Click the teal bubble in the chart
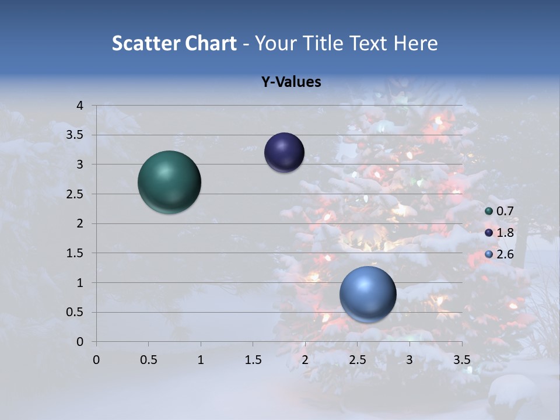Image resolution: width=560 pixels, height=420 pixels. pos(169,181)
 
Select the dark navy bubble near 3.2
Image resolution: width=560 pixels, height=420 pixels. pos(284,152)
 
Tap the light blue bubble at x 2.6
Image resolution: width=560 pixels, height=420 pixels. pos(367,294)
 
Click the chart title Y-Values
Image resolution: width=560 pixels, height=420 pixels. pos(290,82)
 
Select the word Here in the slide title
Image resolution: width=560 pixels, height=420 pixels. pos(415,43)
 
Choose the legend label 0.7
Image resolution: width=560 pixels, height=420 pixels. pos(505,211)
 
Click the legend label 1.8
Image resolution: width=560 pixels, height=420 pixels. pos(505,233)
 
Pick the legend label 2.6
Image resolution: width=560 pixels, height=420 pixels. pos(505,254)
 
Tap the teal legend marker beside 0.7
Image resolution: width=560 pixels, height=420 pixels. pos(489,211)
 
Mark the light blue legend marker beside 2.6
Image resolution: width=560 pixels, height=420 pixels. pos(489,254)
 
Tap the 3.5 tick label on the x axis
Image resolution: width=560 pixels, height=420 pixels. pos(461,360)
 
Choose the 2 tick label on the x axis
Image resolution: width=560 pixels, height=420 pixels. pos(305,360)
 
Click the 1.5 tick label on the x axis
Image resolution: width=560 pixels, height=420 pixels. pos(253,360)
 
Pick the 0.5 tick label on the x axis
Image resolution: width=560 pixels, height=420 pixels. pos(148,360)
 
